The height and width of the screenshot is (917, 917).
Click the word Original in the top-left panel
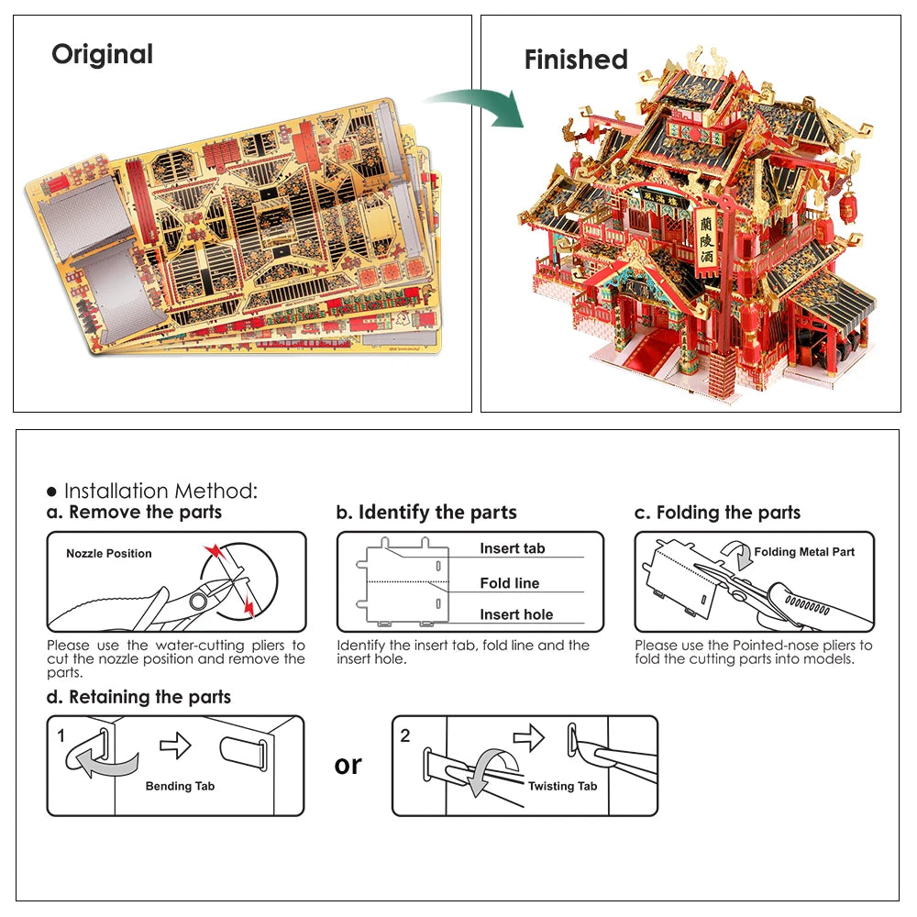(x=102, y=54)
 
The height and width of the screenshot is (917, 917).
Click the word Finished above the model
(x=576, y=60)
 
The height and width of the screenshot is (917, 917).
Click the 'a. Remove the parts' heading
(x=135, y=513)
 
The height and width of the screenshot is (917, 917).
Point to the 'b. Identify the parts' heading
(x=426, y=513)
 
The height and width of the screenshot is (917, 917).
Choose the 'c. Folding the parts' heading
(x=718, y=513)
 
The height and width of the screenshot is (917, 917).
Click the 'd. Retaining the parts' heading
(x=139, y=697)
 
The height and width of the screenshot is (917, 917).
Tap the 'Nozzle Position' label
(x=109, y=554)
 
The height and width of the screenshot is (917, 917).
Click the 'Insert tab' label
(x=512, y=548)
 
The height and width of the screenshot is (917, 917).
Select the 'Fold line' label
(x=509, y=583)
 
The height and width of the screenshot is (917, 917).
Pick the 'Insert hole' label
(x=516, y=615)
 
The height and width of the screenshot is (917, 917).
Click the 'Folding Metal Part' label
(x=804, y=552)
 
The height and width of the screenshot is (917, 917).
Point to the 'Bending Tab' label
(x=180, y=786)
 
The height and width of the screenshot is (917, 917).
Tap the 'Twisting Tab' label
(x=562, y=786)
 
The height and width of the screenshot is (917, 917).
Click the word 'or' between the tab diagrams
(x=348, y=765)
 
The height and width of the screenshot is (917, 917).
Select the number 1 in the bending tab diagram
(x=61, y=735)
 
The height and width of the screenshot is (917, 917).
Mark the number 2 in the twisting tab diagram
(x=405, y=735)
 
